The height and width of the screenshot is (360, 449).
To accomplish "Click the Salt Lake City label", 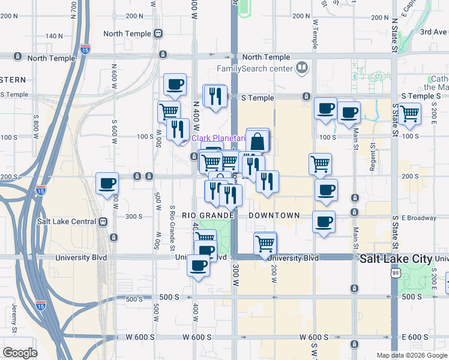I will point(396,259).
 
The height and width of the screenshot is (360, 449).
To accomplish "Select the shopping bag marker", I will point(258,142).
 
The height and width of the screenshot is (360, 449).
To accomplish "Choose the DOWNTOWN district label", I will point(274,215).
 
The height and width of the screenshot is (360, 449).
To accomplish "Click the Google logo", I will point(20,353).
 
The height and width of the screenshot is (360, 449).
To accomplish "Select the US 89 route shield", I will point(394,273).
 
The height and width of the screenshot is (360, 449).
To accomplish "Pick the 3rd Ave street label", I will point(433,32).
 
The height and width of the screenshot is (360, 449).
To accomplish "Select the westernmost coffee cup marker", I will point(107,184).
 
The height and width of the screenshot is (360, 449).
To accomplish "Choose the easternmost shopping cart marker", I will point(409,113).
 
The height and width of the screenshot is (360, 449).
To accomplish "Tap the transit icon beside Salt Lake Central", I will point(104,221).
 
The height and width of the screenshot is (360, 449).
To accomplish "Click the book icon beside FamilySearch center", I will point(302,67).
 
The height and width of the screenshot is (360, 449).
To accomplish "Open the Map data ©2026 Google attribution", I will point(412,355).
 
